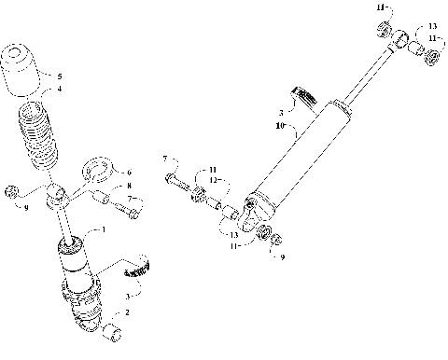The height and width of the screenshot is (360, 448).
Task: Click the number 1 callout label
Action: coord(103,229)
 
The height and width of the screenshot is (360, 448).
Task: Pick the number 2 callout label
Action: coord(127,312)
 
